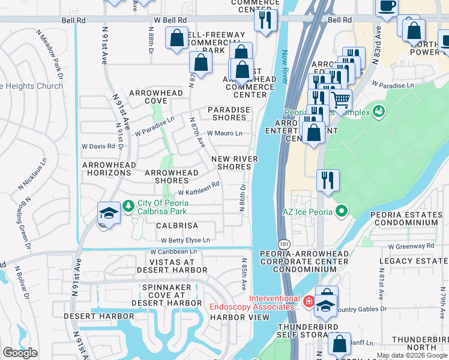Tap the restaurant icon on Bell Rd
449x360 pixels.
(266, 20)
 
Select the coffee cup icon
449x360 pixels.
(387, 7)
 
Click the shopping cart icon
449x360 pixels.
(340, 100)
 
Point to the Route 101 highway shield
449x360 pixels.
(283, 244)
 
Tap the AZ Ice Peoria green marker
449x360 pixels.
(342, 211)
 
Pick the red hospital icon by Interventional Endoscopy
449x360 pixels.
(308, 301)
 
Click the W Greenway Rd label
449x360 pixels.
(411, 246)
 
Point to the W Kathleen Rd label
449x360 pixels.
(199, 192)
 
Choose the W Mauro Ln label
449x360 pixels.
(224, 133)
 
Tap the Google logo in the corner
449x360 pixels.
(20, 353)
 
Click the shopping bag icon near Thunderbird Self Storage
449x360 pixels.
(339, 345)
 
